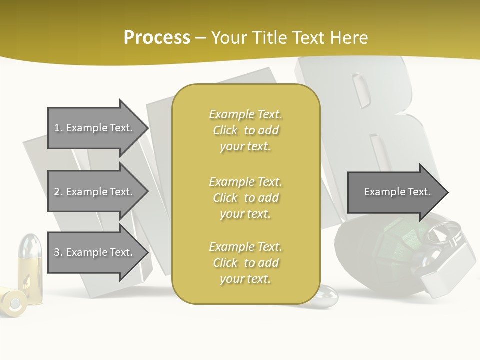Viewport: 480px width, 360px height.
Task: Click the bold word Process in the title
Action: (x=157, y=38)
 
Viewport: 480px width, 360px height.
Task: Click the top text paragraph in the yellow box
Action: (x=245, y=130)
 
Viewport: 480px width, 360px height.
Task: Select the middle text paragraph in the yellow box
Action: (x=245, y=197)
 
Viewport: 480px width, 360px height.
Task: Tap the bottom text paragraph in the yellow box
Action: (x=245, y=263)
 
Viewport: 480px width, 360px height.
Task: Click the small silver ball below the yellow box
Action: (x=326, y=295)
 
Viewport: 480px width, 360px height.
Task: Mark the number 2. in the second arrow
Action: (x=58, y=192)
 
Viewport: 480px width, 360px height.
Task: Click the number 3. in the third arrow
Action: (x=58, y=252)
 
